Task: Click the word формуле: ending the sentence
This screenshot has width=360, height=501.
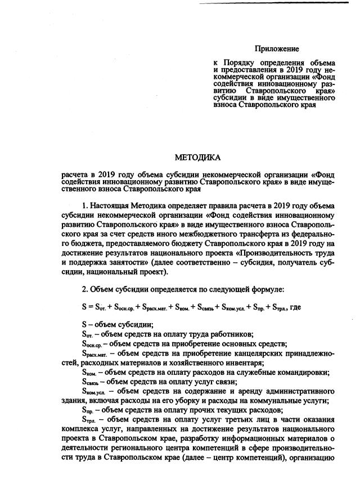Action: [267, 289]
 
